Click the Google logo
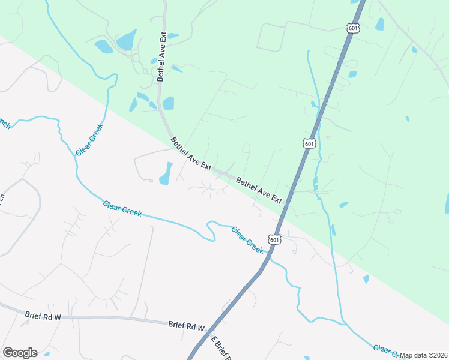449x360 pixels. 20,353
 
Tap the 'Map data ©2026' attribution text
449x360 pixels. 424,355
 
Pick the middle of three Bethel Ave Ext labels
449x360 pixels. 191,153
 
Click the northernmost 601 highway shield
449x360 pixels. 352,28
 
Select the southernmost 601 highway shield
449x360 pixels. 274,239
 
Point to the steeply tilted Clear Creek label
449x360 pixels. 90,140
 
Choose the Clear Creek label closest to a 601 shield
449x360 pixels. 247,239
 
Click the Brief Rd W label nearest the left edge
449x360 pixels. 43,314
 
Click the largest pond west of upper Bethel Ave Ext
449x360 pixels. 126,40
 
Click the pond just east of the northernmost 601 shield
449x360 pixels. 379,24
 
